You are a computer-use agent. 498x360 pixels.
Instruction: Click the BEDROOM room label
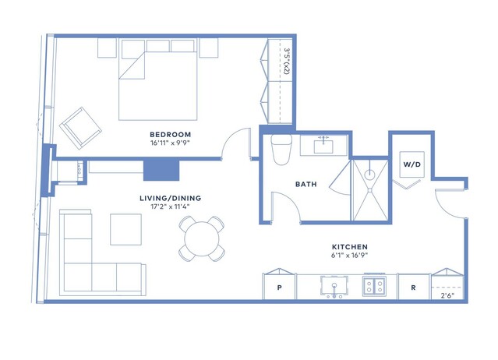[170, 135]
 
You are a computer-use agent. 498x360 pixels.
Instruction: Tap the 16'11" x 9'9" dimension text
[170, 143]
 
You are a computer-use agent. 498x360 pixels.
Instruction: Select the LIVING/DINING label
[170, 198]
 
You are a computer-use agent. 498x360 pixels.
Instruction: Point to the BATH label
[306, 184]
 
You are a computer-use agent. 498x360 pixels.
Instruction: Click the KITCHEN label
[350, 247]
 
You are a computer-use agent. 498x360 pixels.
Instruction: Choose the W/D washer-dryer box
[412, 164]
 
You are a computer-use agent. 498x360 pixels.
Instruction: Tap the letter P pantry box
[280, 288]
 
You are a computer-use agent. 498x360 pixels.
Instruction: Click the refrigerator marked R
[413, 288]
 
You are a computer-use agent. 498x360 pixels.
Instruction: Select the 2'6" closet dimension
[447, 295]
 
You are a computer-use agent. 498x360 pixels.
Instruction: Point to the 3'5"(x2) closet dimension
[286, 61]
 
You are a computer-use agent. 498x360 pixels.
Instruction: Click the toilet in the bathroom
[281, 150]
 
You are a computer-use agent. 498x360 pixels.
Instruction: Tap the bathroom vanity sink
[323, 146]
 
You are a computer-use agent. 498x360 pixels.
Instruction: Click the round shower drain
[369, 175]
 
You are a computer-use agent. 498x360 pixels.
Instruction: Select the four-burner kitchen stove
[374, 285]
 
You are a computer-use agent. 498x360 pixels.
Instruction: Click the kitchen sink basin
[334, 286]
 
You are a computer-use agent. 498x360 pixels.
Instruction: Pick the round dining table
[202, 238]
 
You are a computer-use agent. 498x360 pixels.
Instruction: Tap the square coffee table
[125, 229]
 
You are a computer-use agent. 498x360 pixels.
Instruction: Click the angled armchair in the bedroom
[80, 128]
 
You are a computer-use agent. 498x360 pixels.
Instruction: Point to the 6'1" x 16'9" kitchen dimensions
[349, 256]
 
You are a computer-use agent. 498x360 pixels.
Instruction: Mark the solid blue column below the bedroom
[161, 170]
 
